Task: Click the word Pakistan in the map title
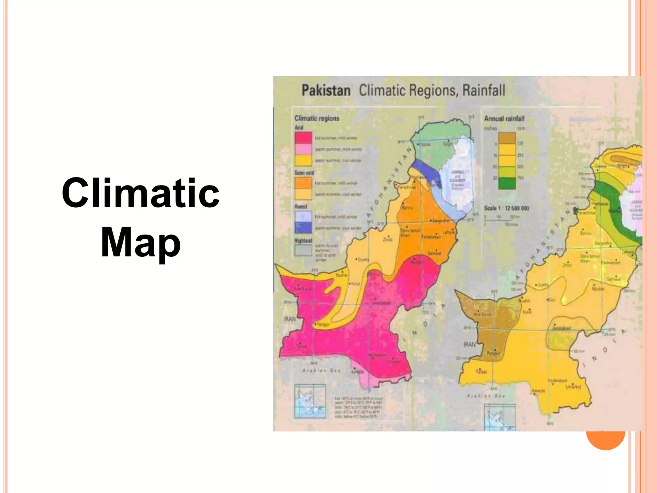point(326,91)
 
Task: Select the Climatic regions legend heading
point(317,118)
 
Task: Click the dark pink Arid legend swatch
point(303,138)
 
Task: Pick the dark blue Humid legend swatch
point(303,228)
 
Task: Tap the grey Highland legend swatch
point(303,250)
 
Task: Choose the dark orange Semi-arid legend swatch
point(303,183)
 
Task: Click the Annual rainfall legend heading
point(504,118)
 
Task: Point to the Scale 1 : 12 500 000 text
point(506,208)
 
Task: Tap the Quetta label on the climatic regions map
point(363,259)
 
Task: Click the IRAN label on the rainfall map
point(470,344)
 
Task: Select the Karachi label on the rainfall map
point(539,391)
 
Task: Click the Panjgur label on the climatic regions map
point(322,324)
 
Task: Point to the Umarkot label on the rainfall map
point(573,387)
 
